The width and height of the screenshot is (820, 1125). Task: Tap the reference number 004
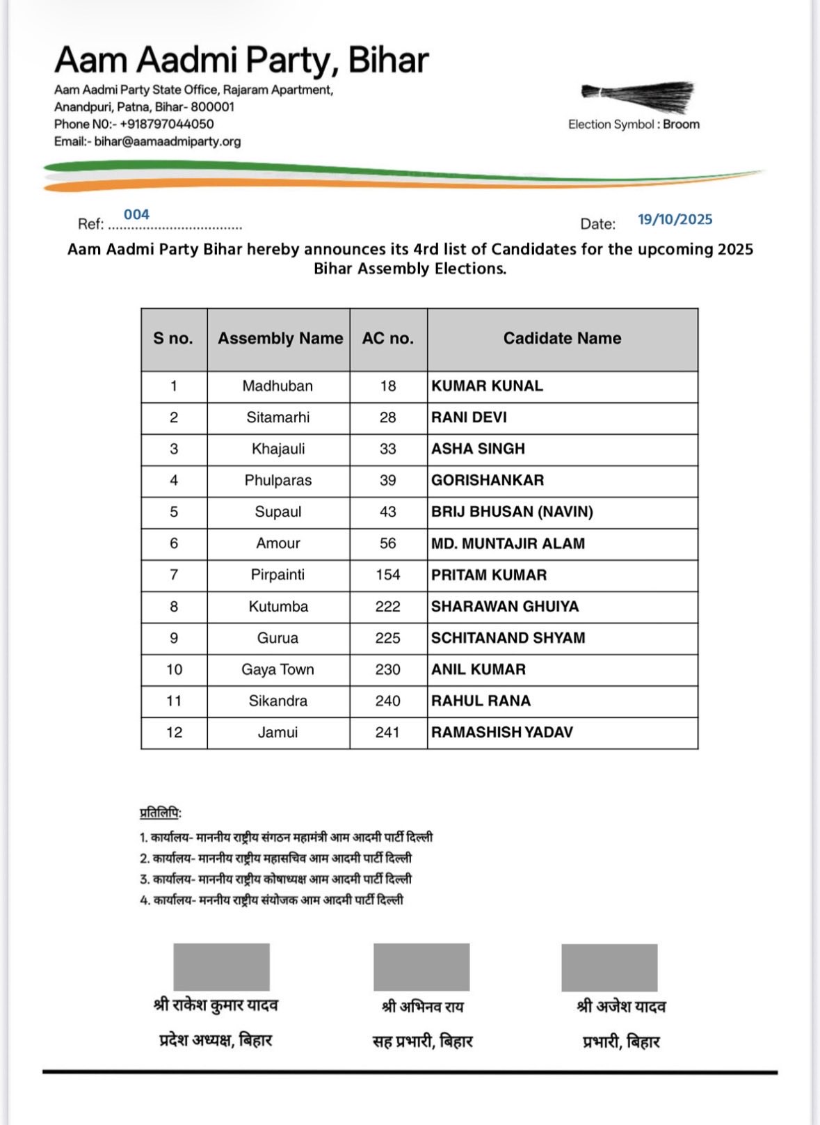(136, 214)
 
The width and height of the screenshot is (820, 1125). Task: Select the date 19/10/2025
(675, 220)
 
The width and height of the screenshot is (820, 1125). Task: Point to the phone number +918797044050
(166, 124)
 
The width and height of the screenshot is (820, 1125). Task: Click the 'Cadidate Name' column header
(562, 338)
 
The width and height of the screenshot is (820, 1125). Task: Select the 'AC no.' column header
(387, 338)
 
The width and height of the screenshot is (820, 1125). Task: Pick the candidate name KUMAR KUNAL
(487, 386)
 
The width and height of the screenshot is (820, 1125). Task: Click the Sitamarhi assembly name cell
(278, 417)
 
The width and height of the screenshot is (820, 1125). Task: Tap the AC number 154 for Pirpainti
(387, 575)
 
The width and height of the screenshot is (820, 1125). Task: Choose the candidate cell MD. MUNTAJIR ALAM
(508, 543)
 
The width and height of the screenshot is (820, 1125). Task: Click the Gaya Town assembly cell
(278, 669)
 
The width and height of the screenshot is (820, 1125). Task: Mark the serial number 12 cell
(174, 732)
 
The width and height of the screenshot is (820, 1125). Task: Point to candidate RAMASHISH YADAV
(501, 732)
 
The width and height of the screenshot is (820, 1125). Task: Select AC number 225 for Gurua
(387, 638)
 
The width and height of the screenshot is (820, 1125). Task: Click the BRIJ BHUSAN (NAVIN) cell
(512, 512)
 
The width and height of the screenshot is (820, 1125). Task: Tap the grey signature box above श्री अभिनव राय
(421, 966)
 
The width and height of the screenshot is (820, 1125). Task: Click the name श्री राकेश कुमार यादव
(216, 1005)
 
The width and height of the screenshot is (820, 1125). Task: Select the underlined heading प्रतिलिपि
(160, 813)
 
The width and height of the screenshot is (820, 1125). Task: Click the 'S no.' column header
(173, 338)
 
